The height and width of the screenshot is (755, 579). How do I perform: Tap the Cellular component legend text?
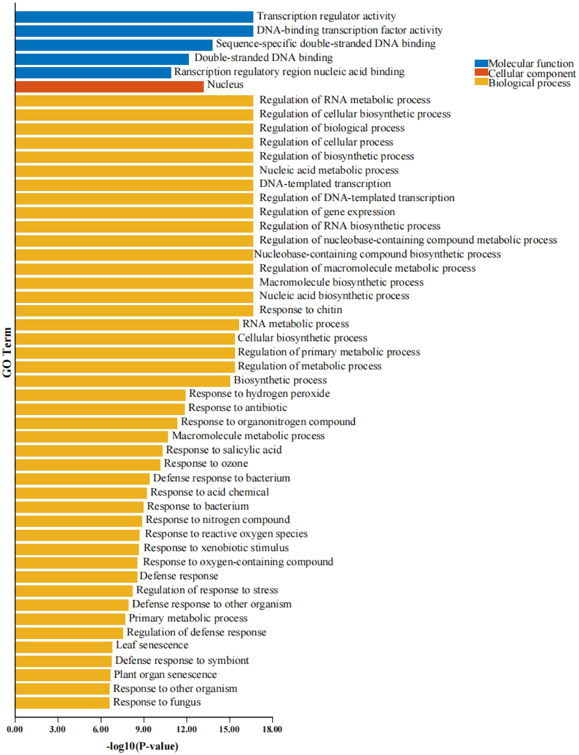tap(532, 73)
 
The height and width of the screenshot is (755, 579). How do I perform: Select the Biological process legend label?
tap(529, 83)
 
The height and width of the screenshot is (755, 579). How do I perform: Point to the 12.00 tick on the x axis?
tap(186, 729)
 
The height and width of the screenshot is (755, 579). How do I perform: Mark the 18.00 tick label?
tap(272, 729)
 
